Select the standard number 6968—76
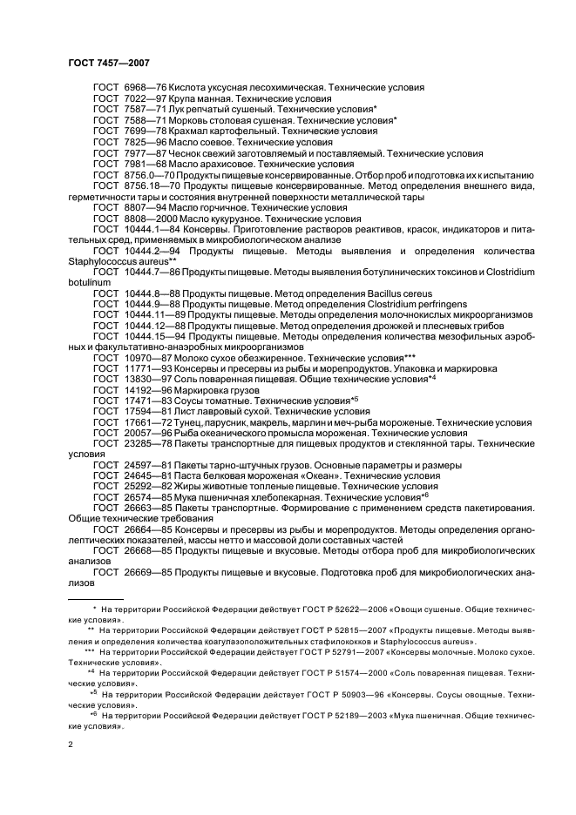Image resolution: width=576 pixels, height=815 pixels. (x=147, y=88)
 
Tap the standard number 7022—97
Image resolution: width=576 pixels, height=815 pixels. (x=147, y=99)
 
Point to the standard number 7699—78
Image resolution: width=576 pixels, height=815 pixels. (x=147, y=131)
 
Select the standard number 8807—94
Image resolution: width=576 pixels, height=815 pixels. (x=147, y=209)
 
